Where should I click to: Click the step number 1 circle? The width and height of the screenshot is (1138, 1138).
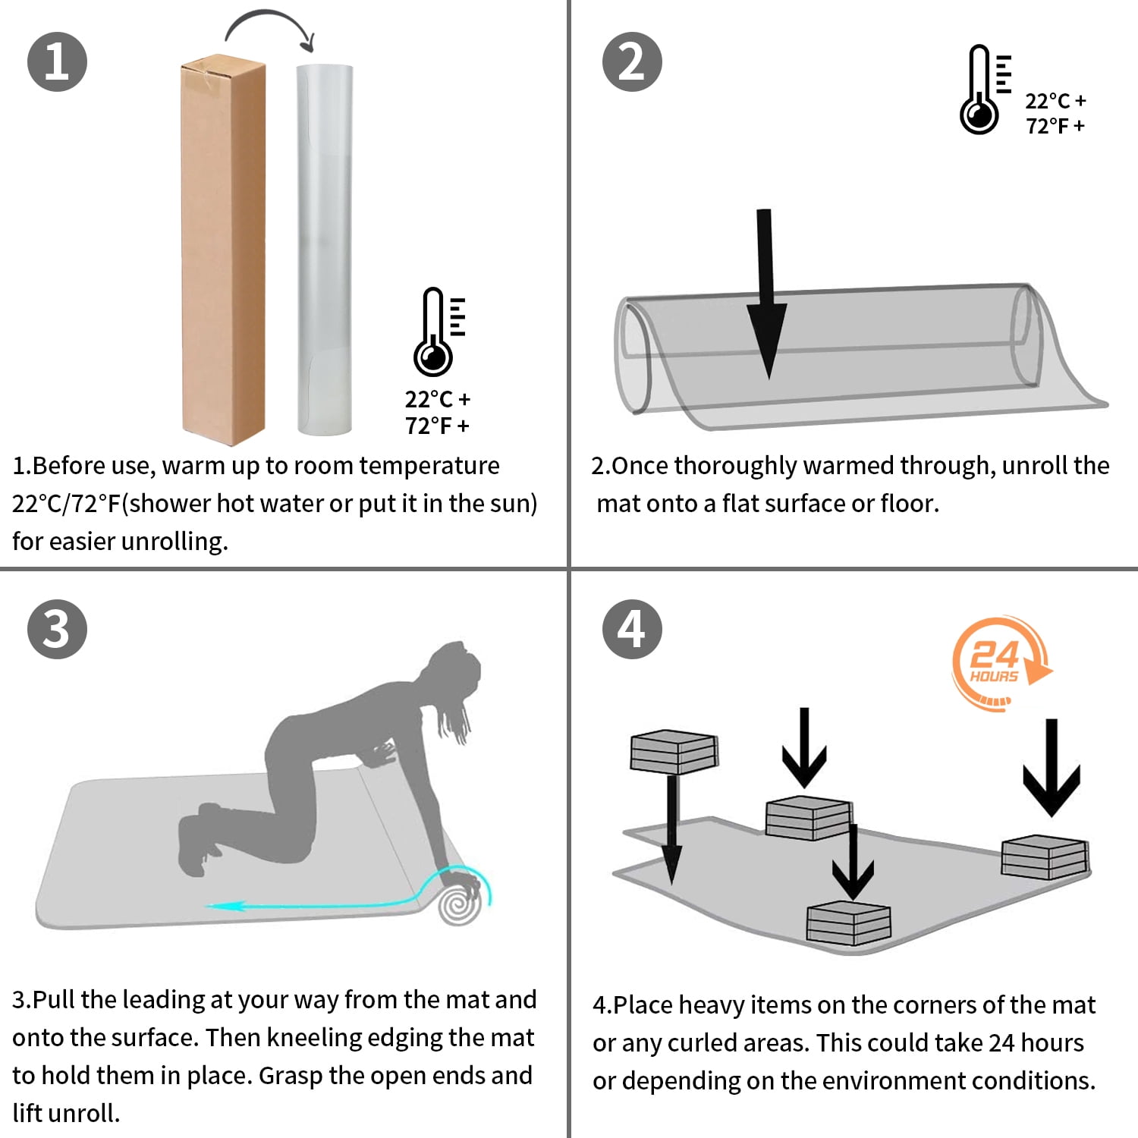tap(57, 61)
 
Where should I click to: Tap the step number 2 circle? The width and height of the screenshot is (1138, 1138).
tap(632, 61)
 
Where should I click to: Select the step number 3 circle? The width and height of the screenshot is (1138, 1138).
tap(57, 629)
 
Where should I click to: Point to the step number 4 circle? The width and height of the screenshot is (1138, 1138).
tap(632, 629)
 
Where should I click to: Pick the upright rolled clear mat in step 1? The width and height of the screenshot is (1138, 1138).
tap(325, 250)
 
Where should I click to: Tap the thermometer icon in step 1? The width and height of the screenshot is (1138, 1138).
tap(439, 332)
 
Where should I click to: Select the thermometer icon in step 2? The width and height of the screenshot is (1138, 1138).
tap(984, 90)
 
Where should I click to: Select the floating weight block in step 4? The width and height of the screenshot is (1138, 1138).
tap(674, 751)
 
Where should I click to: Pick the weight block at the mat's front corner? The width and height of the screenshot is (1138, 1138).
tap(848, 923)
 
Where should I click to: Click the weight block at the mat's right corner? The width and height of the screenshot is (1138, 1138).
tap(1045, 857)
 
